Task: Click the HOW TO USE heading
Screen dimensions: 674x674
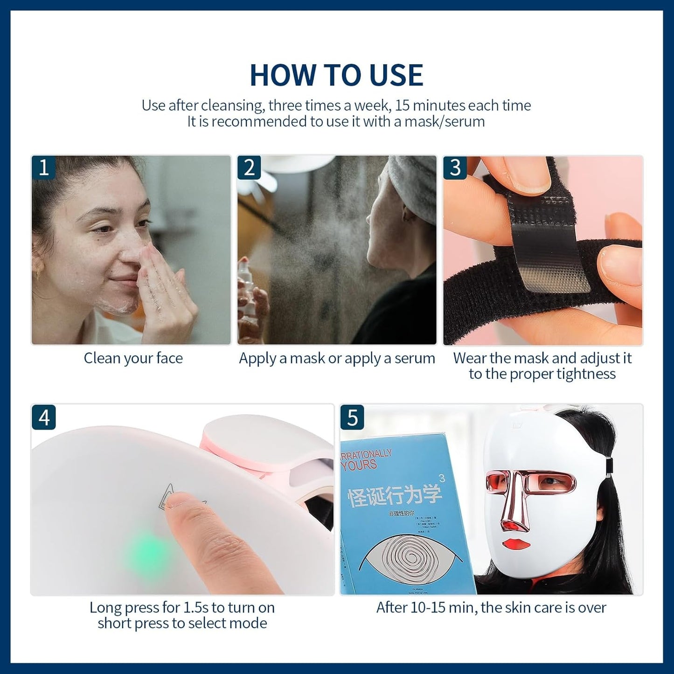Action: point(336,75)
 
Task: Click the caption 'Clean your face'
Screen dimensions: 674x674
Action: point(133,358)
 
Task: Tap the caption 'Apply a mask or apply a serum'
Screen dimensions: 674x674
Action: point(337,358)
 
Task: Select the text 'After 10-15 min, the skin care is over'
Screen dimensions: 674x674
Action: point(491,607)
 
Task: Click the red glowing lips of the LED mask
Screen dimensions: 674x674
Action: point(517,544)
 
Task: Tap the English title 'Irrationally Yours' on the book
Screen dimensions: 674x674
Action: point(366,459)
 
